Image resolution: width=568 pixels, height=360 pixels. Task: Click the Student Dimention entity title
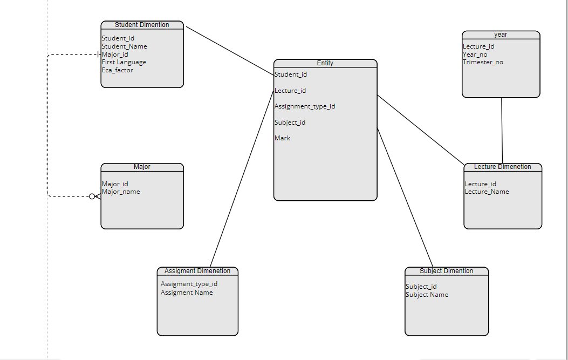coord(142,25)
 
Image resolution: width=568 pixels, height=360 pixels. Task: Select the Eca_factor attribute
coord(117,70)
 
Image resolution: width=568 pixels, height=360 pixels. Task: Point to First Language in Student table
coord(124,62)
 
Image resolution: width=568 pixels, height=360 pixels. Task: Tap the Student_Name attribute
coord(124,46)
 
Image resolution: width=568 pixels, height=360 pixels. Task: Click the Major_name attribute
coord(121,192)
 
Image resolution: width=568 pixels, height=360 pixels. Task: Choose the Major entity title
coord(142,167)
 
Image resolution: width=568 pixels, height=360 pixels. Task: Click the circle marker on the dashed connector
coord(92,196)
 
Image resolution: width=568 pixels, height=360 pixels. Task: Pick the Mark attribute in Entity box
coord(282,138)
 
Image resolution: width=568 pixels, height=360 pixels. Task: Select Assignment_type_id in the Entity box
coord(305,106)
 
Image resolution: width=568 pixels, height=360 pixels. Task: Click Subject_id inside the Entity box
coord(290,123)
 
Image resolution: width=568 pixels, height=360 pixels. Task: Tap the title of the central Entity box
coord(325,63)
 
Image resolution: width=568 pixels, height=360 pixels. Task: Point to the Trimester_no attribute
coord(483,62)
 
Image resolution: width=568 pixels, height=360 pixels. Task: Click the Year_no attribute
coord(475,55)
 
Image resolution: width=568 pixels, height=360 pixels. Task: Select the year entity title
coord(501,35)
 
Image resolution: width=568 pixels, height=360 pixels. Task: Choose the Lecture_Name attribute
coord(487,192)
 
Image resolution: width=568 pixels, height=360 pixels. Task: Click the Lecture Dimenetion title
coord(502,167)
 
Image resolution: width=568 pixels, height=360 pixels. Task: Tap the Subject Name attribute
coord(427,295)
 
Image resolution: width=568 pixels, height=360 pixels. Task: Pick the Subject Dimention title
coord(446,271)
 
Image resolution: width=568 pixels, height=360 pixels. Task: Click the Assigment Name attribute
coord(187,293)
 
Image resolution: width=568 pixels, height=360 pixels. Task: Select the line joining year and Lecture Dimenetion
coord(502,130)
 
